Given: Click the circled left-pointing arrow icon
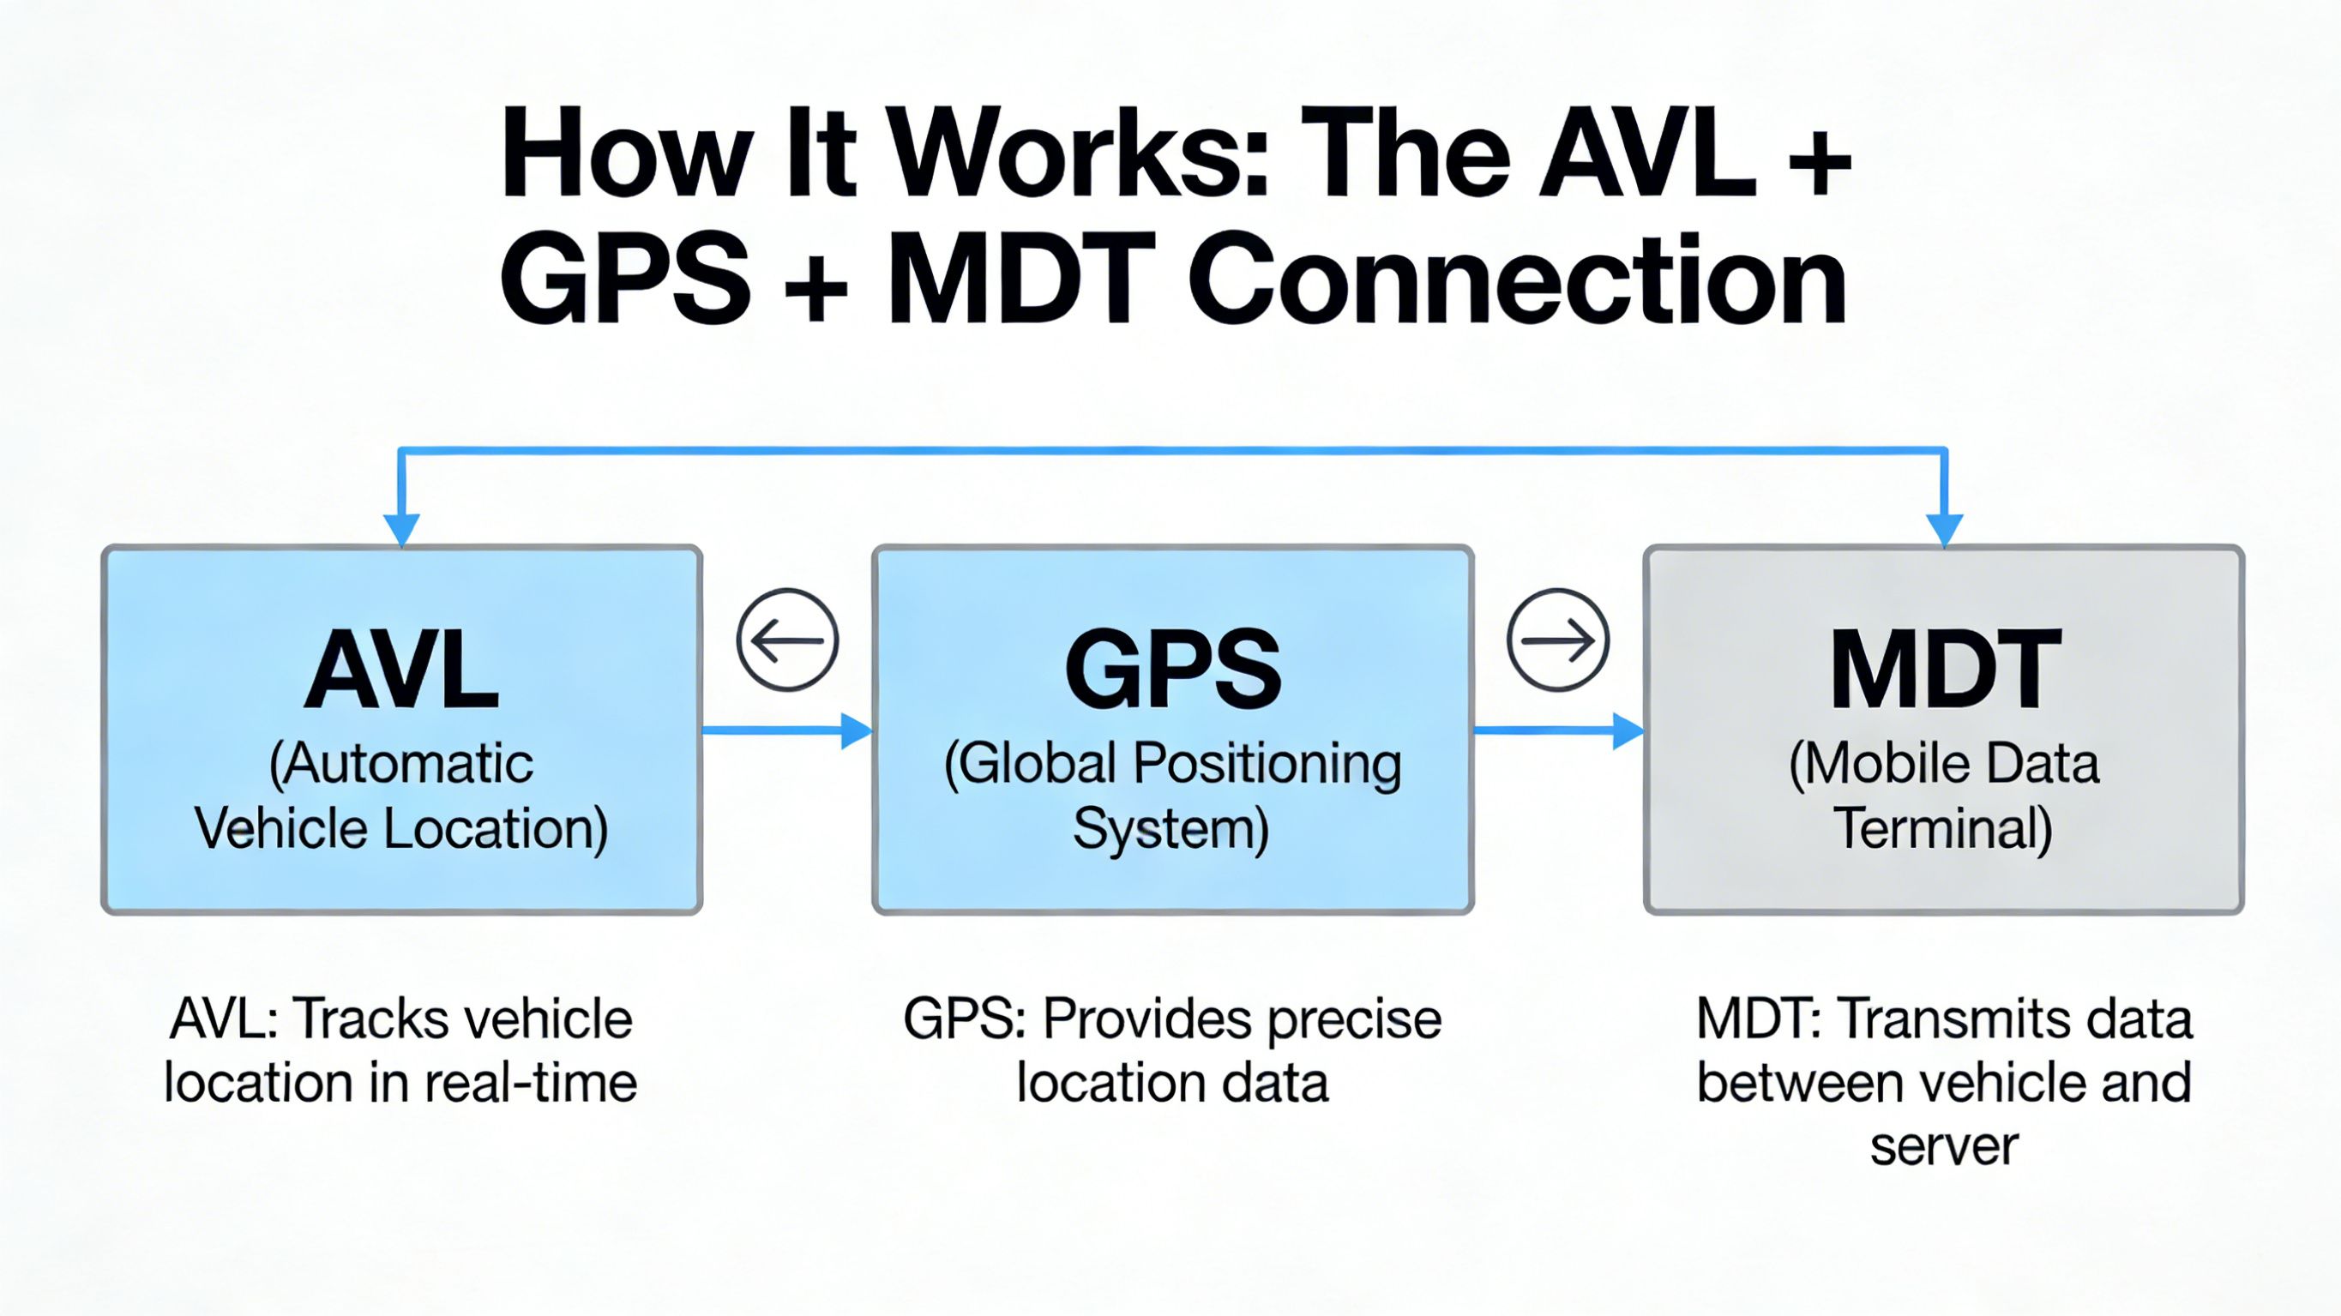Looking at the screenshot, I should (787, 640).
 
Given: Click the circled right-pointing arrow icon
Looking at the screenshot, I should (1557, 640).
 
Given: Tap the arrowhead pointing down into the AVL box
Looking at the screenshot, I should (400, 529).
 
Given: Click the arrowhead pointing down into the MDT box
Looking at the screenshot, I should (1944, 529).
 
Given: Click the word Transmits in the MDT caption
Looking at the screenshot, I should (1947, 1019).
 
